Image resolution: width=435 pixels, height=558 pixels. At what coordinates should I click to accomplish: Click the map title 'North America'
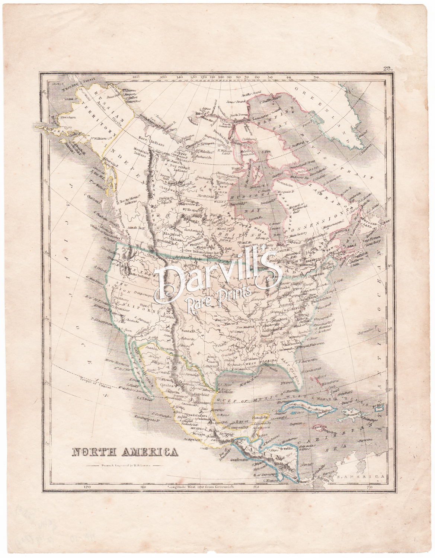tap(124, 452)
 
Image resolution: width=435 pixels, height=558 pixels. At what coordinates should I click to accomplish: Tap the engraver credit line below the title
tap(124, 465)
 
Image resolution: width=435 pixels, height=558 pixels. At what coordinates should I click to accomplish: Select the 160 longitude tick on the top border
tap(136, 77)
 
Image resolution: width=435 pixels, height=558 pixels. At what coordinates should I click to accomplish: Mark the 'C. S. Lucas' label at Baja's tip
tap(143, 398)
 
